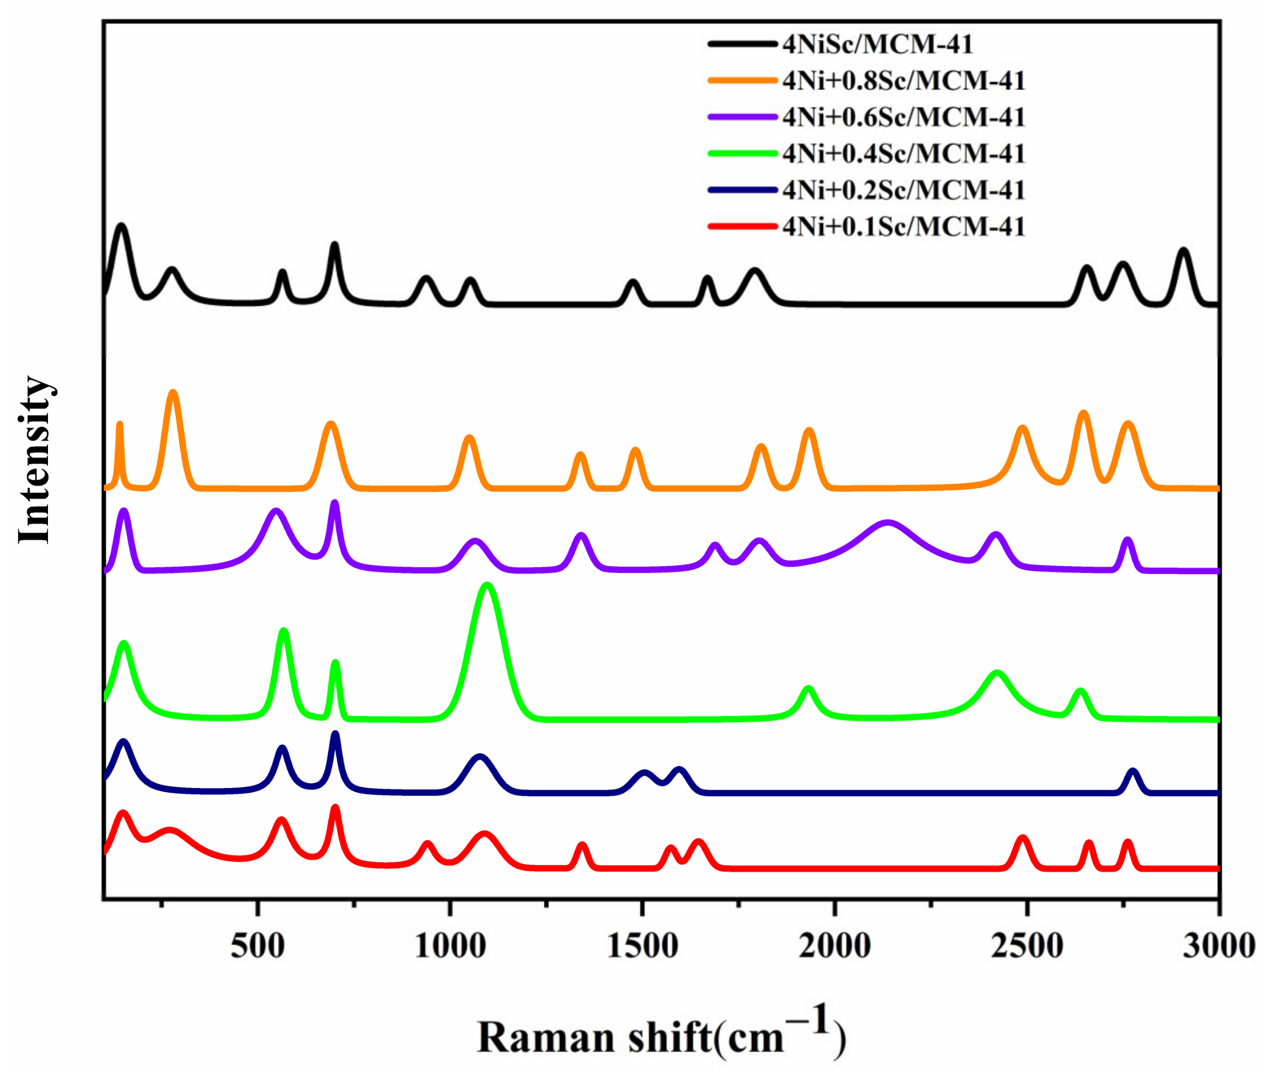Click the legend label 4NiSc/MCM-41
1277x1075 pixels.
[x=877, y=45]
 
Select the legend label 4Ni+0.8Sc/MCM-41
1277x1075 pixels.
[x=904, y=81]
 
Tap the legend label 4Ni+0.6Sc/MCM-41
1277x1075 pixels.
[x=904, y=117]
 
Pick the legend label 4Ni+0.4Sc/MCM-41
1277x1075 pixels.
[x=904, y=153]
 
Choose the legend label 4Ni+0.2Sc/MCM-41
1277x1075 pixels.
[x=904, y=190]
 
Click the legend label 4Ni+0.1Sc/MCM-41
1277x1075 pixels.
[x=904, y=227]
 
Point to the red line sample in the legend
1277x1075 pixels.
[x=742, y=227]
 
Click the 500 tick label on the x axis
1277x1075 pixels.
[x=257, y=946]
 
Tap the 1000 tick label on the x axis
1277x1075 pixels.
[x=450, y=946]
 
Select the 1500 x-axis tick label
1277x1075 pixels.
[x=642, y=946]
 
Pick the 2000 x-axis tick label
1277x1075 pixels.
[x=834, y=946]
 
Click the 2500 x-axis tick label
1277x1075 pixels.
[x=1027, y=946]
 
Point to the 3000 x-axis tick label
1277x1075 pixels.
[x=1219, y=946]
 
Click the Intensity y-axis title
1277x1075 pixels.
[x=35, y=460]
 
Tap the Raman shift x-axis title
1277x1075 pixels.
[x=661, y=1036]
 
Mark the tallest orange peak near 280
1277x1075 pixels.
[x=174, y=393]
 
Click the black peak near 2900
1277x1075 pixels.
[x=1183, y=251]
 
